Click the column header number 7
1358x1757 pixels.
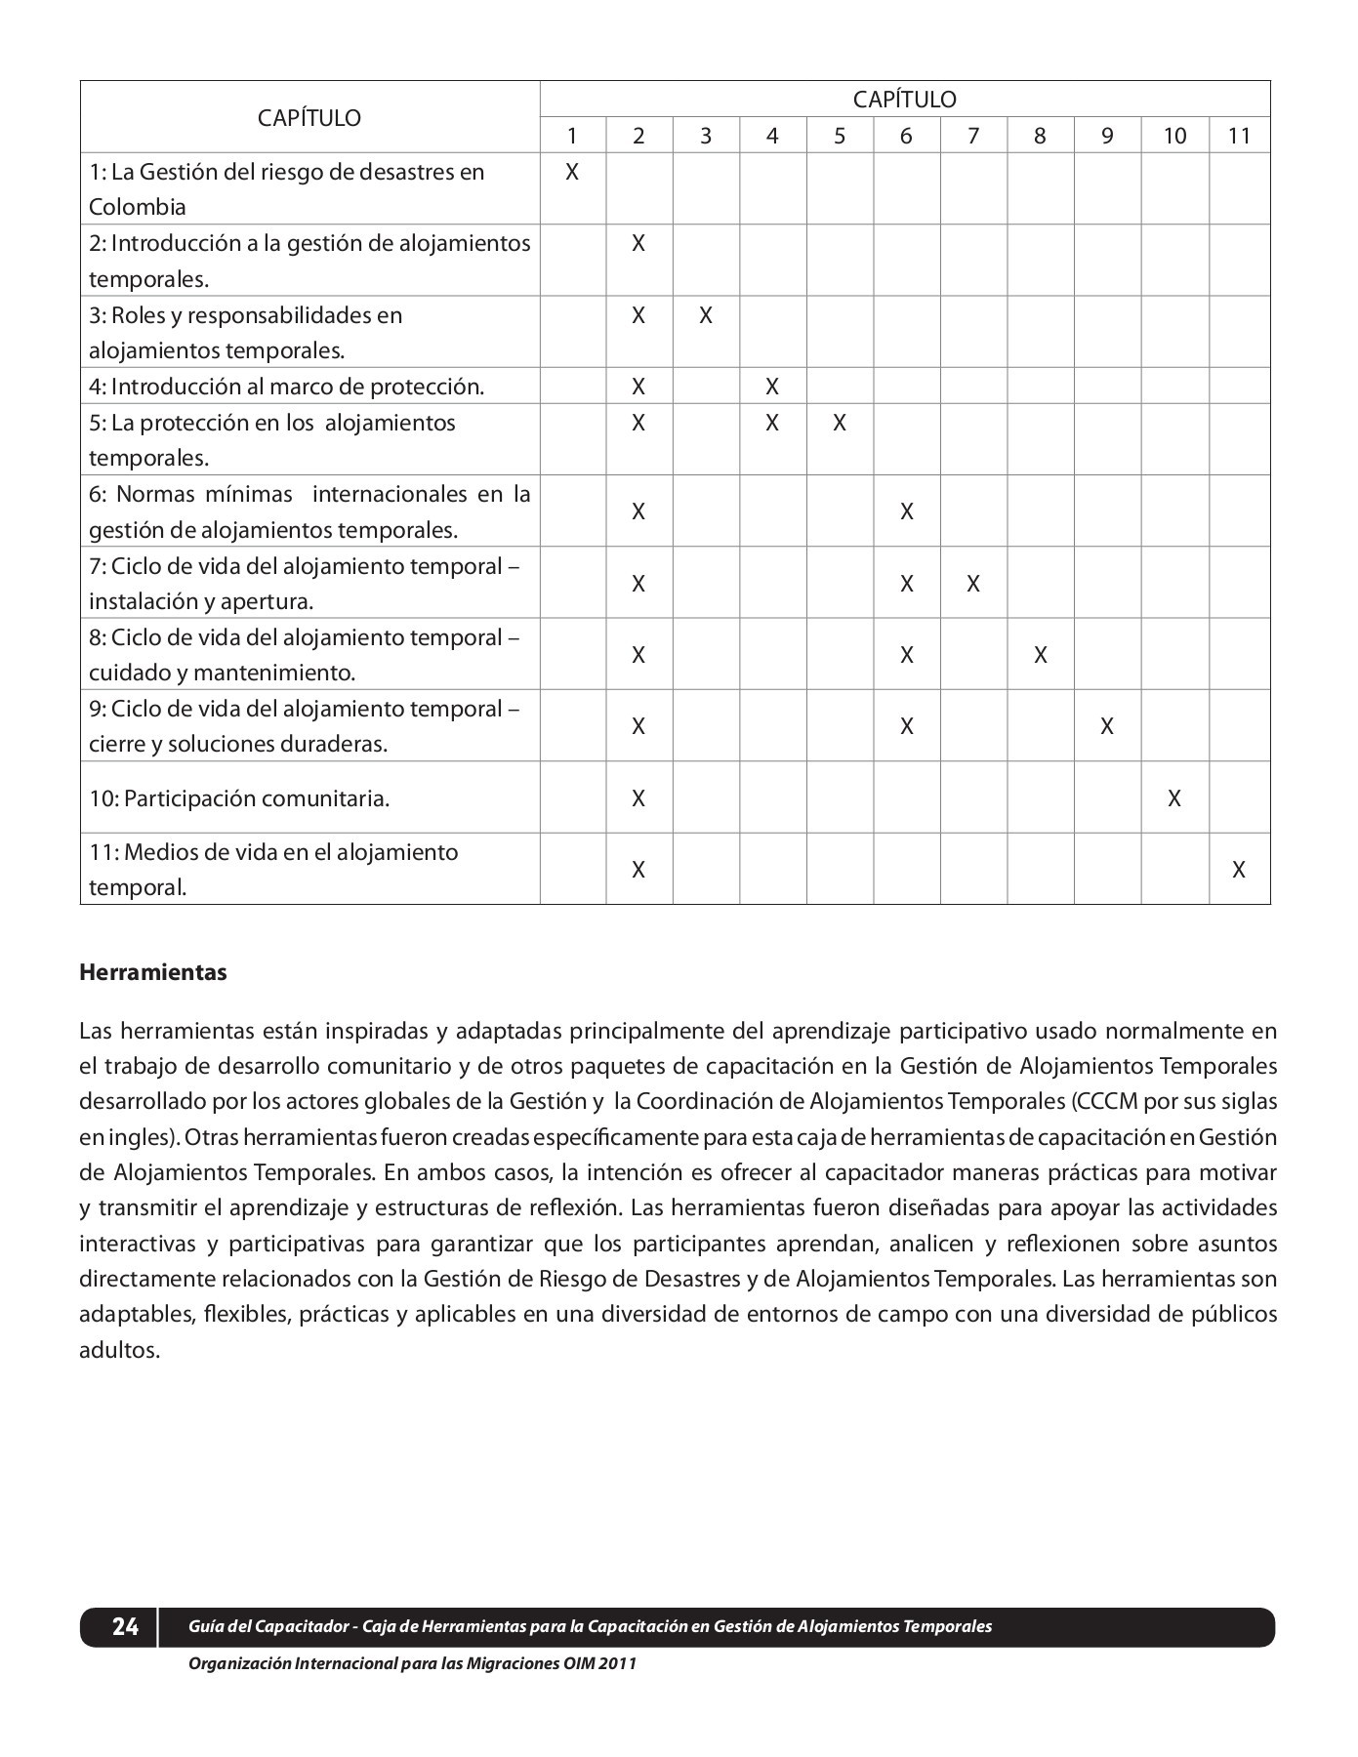(972, 136)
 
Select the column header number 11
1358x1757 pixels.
(1239, 136)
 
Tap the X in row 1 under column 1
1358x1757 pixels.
(572, 173)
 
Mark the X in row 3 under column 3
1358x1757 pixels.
(706, 315)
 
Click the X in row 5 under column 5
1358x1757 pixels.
(840, 423)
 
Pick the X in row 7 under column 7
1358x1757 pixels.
(973, 584)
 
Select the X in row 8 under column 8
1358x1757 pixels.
(1040, 655)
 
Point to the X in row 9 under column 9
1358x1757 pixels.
(1107, 726)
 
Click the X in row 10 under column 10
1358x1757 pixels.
(1174, 798)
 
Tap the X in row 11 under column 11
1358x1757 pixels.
(1239, 870)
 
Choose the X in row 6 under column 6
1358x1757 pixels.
(906, 511)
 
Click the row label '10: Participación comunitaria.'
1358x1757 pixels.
(239, 798)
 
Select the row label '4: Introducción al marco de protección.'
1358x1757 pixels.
(286, 387)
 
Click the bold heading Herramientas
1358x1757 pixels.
(152, 973)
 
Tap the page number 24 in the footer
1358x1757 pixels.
(125, 1626)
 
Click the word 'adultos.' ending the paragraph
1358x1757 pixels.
(118, 1351)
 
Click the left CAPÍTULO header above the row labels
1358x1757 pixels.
(309, 118)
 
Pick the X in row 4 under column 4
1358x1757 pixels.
(772, 387)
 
